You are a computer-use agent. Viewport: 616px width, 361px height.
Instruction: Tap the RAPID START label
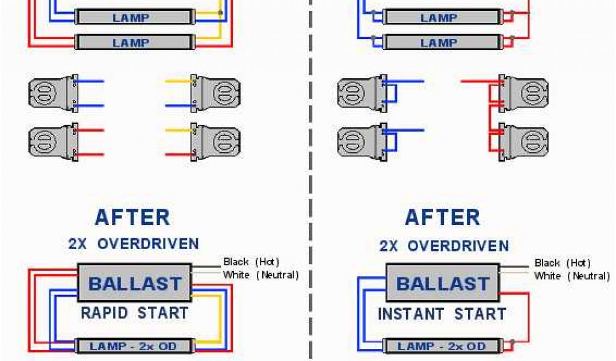(134, 313)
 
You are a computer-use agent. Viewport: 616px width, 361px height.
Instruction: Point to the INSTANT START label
(442, 314)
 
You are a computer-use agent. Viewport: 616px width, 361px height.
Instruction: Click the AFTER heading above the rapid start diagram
(132, 217)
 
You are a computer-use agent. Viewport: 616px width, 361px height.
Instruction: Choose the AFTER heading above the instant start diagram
(442, 217)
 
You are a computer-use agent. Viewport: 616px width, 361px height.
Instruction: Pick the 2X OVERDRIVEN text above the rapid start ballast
(133, 244)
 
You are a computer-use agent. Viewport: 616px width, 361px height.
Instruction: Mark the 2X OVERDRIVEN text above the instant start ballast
(444, 245)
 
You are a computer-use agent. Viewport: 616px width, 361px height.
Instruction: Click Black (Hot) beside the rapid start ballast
(251, 262)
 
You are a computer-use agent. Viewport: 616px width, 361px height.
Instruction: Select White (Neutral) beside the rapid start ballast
(260, 275)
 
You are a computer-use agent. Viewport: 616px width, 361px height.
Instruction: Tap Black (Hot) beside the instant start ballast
(562, 263)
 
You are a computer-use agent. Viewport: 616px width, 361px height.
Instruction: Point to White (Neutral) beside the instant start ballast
(571, 276)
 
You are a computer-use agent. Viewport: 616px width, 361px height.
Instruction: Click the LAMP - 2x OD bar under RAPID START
(134, 346)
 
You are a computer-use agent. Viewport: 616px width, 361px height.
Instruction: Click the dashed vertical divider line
(310, 180)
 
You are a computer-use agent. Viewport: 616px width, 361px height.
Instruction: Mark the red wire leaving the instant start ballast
(528, 319)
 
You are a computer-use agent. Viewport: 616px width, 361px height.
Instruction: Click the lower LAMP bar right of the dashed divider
(439, 43)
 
